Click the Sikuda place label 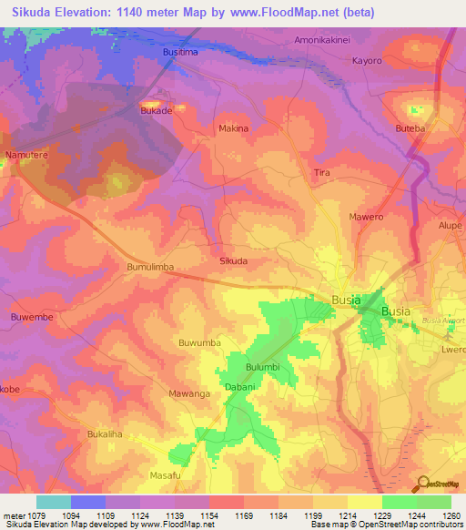click(x=234, y=260)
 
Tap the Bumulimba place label click(x=148, y=267)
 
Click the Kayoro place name click(x=367, y=61)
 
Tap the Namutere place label click(x=25, y=156)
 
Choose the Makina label click(x=234, y=128)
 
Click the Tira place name click(x=321, y=172)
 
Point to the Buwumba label click(x=200, y=342)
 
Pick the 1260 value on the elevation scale click(x=451, y=515)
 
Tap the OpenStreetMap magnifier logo click(x=421, y=483)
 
